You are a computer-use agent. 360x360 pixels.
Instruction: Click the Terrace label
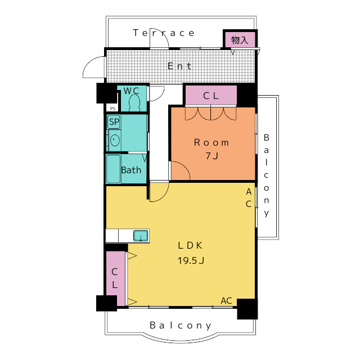[164, 33]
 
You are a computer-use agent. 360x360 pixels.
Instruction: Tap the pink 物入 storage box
[240, 40]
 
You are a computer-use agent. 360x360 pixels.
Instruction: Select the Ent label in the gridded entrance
[179, 66]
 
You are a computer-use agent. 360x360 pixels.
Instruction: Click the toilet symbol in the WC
[134, 103]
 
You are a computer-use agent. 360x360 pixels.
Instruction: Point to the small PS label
[112, 109]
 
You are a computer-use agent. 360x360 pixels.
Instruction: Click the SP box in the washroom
[114, 121]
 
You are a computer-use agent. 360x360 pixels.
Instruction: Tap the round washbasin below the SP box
[115, 140]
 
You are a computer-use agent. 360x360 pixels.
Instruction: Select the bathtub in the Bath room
[113, 169]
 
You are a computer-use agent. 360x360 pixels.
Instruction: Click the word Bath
[131, 170]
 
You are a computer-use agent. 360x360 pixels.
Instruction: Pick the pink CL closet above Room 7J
[211, 95]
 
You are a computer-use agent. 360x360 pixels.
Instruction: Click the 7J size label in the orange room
[211, 156]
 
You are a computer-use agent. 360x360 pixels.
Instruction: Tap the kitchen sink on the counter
[141, 236]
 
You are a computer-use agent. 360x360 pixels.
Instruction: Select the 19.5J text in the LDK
[191, 260]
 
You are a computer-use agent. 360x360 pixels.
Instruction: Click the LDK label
[190, 245]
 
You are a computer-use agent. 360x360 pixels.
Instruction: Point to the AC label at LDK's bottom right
[226, 300]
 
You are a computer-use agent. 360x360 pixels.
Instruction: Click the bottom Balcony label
[181, 326]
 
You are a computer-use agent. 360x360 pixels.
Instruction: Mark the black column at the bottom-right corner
[247, 309]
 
